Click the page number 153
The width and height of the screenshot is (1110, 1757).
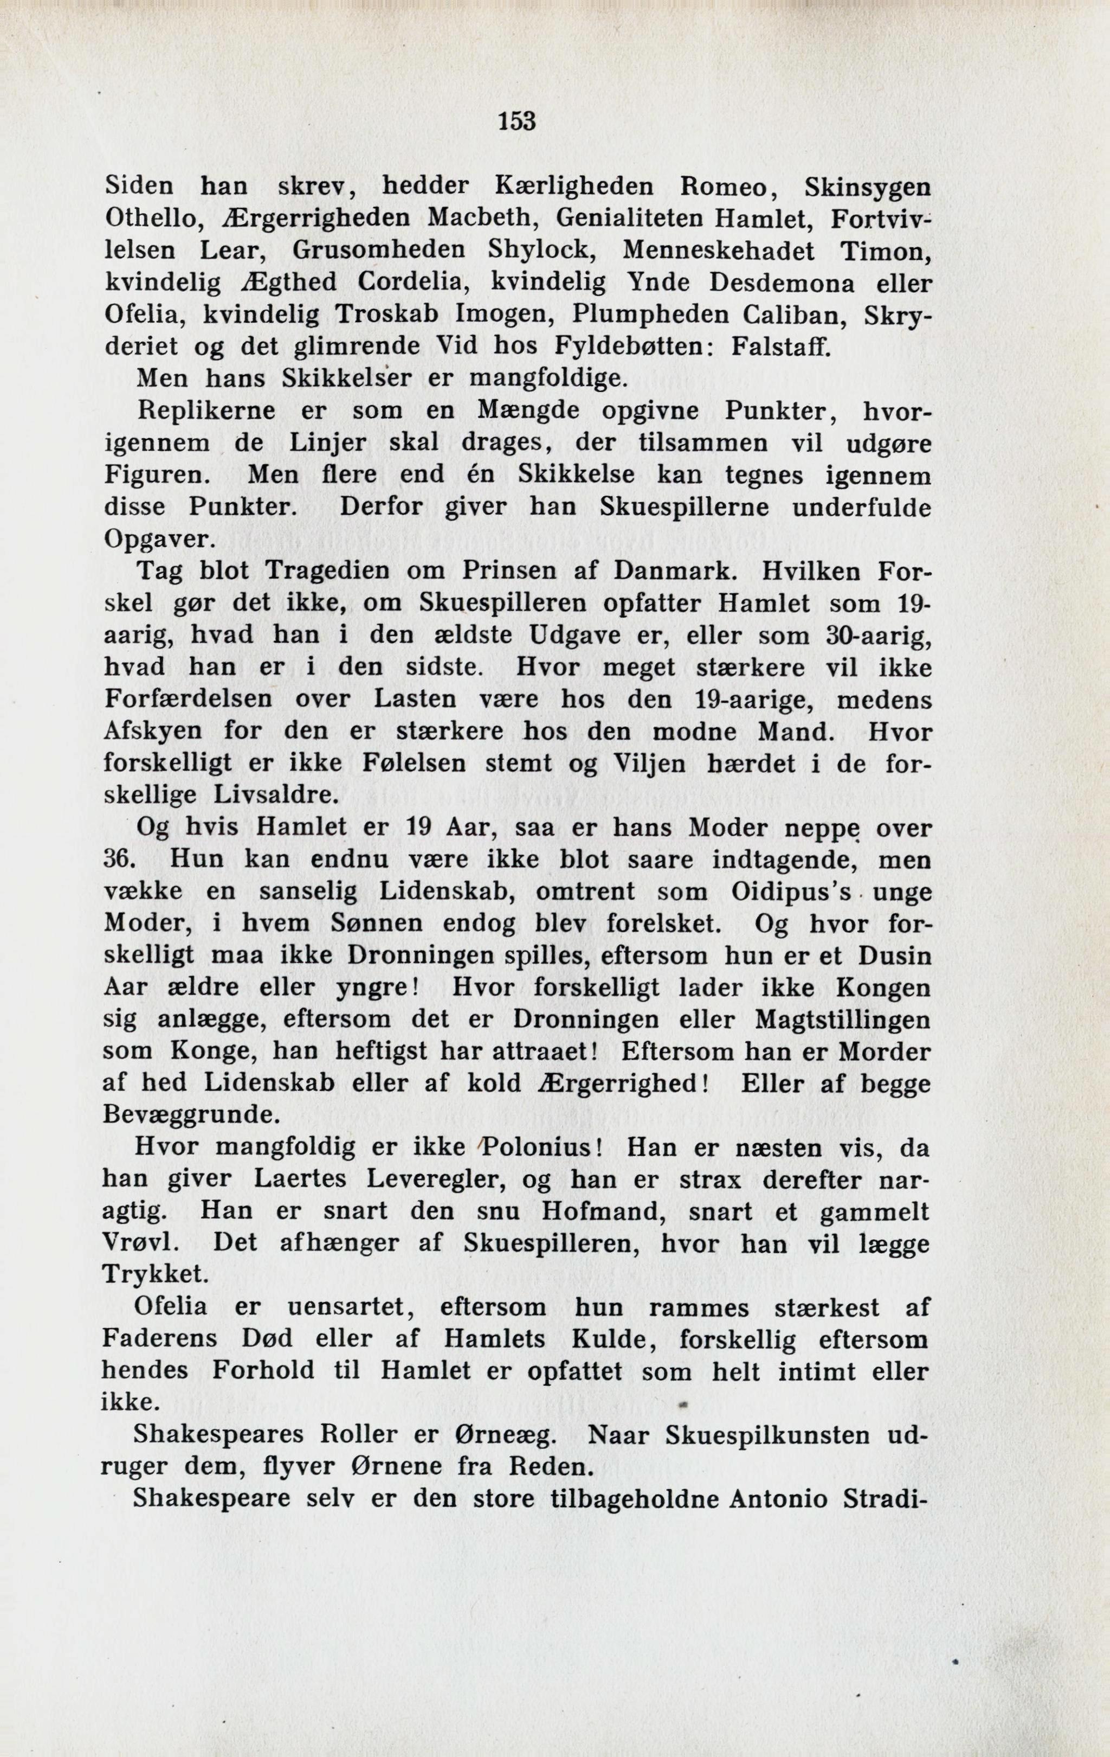pos(517,120)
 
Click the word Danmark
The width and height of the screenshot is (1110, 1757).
pos(663,572)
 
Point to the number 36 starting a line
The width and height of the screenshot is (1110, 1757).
pos(116,860)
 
